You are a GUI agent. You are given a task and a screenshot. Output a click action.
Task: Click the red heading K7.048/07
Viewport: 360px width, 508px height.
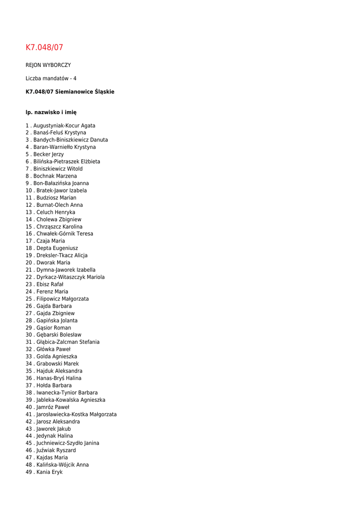[x=45, y=48]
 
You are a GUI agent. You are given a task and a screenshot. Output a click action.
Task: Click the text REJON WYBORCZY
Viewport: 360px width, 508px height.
[x=48, y=65]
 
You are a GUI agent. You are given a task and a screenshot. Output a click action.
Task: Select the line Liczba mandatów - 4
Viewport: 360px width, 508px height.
[x=51, y=78]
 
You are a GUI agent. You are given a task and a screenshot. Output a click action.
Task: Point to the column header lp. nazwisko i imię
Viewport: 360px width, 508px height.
[x=51, y=113]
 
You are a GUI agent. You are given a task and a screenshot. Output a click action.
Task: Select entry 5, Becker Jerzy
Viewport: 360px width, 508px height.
[x=49, y=154]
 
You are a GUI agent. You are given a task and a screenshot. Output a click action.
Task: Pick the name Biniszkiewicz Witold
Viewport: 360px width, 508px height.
[x=58, y=169]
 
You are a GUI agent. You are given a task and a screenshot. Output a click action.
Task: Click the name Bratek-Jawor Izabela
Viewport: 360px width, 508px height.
[x=62, y=190]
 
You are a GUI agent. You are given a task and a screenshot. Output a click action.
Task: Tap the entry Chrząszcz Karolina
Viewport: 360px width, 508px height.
[x=60, y=227]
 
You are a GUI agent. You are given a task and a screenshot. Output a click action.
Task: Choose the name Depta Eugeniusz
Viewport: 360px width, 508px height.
[x=57, y=248]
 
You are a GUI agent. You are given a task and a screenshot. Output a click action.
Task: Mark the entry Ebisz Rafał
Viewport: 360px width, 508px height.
[x=50, y=284]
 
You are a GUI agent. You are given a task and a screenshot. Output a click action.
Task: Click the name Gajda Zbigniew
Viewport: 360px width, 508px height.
[x=56, y=314]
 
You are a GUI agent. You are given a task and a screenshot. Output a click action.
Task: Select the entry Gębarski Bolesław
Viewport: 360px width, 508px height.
[x=59, y=335]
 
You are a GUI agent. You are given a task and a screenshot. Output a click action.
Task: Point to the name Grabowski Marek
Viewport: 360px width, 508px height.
[x=58, y=364]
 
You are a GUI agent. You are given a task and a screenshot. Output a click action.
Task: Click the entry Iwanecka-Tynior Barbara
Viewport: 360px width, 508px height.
[x=67, y=392]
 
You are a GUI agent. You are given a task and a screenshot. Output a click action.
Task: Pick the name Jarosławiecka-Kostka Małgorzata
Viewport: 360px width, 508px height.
[x=76, y=414]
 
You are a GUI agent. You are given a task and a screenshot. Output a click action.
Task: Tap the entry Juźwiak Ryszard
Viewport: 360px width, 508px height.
[x=56, y=450]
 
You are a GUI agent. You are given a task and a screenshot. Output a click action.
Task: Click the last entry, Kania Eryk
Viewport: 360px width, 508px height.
[x=50, y=472]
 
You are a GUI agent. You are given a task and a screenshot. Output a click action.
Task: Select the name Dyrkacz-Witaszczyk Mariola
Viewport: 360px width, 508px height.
[x=71, y=277]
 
